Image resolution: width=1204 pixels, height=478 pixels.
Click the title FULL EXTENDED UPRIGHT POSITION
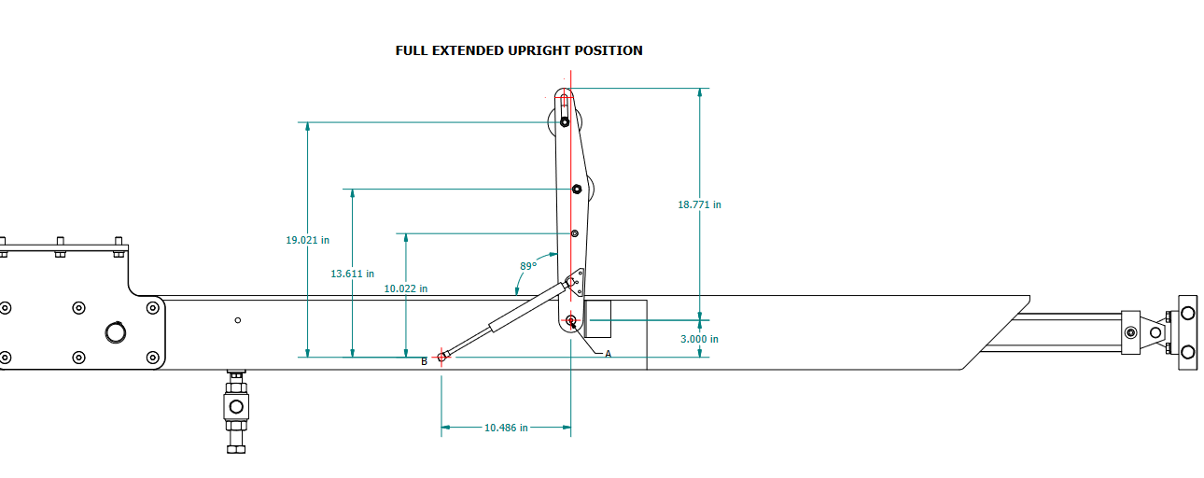[x=519, y=50]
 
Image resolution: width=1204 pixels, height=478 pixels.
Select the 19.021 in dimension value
[x=307, y=240]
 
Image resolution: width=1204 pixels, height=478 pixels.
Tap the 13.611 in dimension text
[x=352, y=274]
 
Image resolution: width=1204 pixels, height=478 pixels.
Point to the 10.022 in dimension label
[x=406, y=288]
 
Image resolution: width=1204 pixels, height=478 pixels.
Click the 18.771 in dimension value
[x=699, y=204]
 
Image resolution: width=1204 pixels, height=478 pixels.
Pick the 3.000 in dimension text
[x=699, y=339]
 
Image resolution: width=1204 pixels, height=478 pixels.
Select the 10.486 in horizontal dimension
[x=506, y=428]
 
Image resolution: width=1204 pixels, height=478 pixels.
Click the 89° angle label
[x=528, y=266]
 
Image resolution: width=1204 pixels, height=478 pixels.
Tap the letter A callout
[x=608, y=354]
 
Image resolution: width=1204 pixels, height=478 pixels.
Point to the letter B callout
[x=424, y=361]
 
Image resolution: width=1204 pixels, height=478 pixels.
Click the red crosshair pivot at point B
[x=441, y=357]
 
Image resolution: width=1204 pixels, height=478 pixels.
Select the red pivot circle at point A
[x=571, y=320]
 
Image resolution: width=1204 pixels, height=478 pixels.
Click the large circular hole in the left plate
[x=115, y=331]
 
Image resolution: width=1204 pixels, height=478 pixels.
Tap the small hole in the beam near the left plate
[x=238, y=320]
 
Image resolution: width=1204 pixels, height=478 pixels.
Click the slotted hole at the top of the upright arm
[x=565, y=110]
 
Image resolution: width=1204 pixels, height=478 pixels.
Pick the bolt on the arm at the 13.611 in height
[x=577, y=190]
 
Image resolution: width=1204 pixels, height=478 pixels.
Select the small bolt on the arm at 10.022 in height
[x=574, y=233]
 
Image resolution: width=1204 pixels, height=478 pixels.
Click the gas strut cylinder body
[x=511, y=315]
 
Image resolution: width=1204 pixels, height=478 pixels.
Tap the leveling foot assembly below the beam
[x=235, y=407]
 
